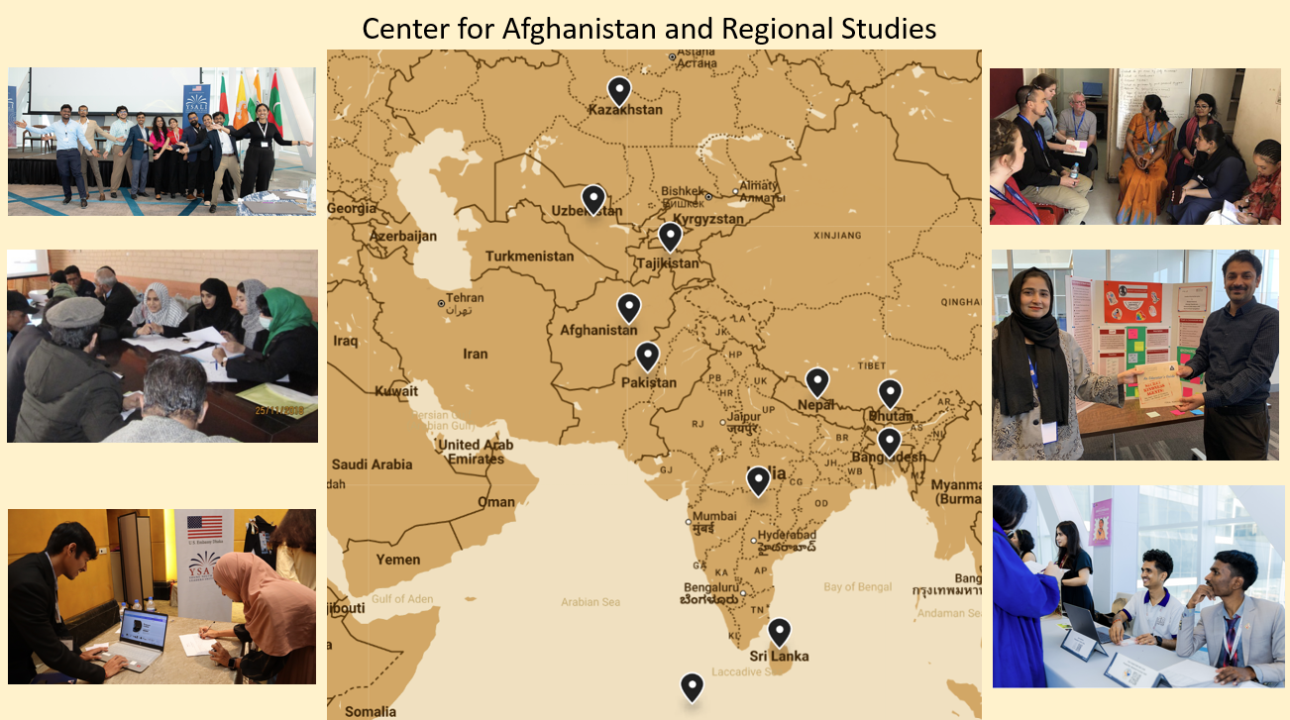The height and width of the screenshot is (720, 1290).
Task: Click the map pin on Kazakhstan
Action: tap(619, 91)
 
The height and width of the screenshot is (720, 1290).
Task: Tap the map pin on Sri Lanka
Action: tap(780, 632)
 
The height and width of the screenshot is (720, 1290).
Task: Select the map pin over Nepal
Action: tap(817, 382)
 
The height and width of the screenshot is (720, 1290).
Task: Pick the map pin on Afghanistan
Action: tap(628, 308)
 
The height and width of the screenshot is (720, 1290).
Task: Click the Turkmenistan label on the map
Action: tap(529, 257)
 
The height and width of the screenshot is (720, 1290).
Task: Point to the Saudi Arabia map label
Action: tap(372, 464)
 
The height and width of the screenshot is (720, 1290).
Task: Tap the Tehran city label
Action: tap(465, 298)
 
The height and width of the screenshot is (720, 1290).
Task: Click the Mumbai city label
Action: tap(714, 516)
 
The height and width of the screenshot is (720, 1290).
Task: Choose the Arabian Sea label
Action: tap(591, 602)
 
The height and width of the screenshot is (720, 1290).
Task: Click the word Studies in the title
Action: tap(890, 29)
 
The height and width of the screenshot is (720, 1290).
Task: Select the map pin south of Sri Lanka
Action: tap(692, 686)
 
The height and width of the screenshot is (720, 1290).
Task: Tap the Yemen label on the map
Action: tap(398, 560)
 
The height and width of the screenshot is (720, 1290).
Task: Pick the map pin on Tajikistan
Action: tap(671, 237)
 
